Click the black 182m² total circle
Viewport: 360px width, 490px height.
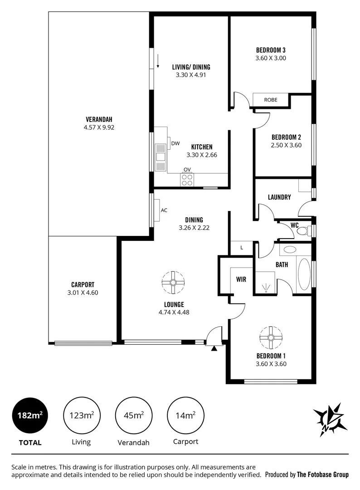point(30,415)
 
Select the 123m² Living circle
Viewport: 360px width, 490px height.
point(82,415)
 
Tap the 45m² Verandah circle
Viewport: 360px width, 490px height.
point(134,415)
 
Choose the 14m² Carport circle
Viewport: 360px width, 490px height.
point(185,415)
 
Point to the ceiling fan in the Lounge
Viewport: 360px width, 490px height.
point(173,283)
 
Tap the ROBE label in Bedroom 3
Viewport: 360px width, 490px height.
point(271,100)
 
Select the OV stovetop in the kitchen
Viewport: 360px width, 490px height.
point(187,180)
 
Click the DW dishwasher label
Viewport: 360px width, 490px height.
point(175,144)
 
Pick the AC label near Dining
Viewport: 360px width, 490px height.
point(164,210)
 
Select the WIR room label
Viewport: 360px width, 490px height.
point(241,279)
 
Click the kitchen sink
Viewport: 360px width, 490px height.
point(161,157)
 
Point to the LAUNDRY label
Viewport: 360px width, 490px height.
point(279,197)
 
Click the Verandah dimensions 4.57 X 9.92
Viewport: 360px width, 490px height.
point(98,127)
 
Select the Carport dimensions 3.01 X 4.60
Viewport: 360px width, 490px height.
point(83,293)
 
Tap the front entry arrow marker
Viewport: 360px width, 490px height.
point(215,348)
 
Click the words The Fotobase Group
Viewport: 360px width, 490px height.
point(322,475)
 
